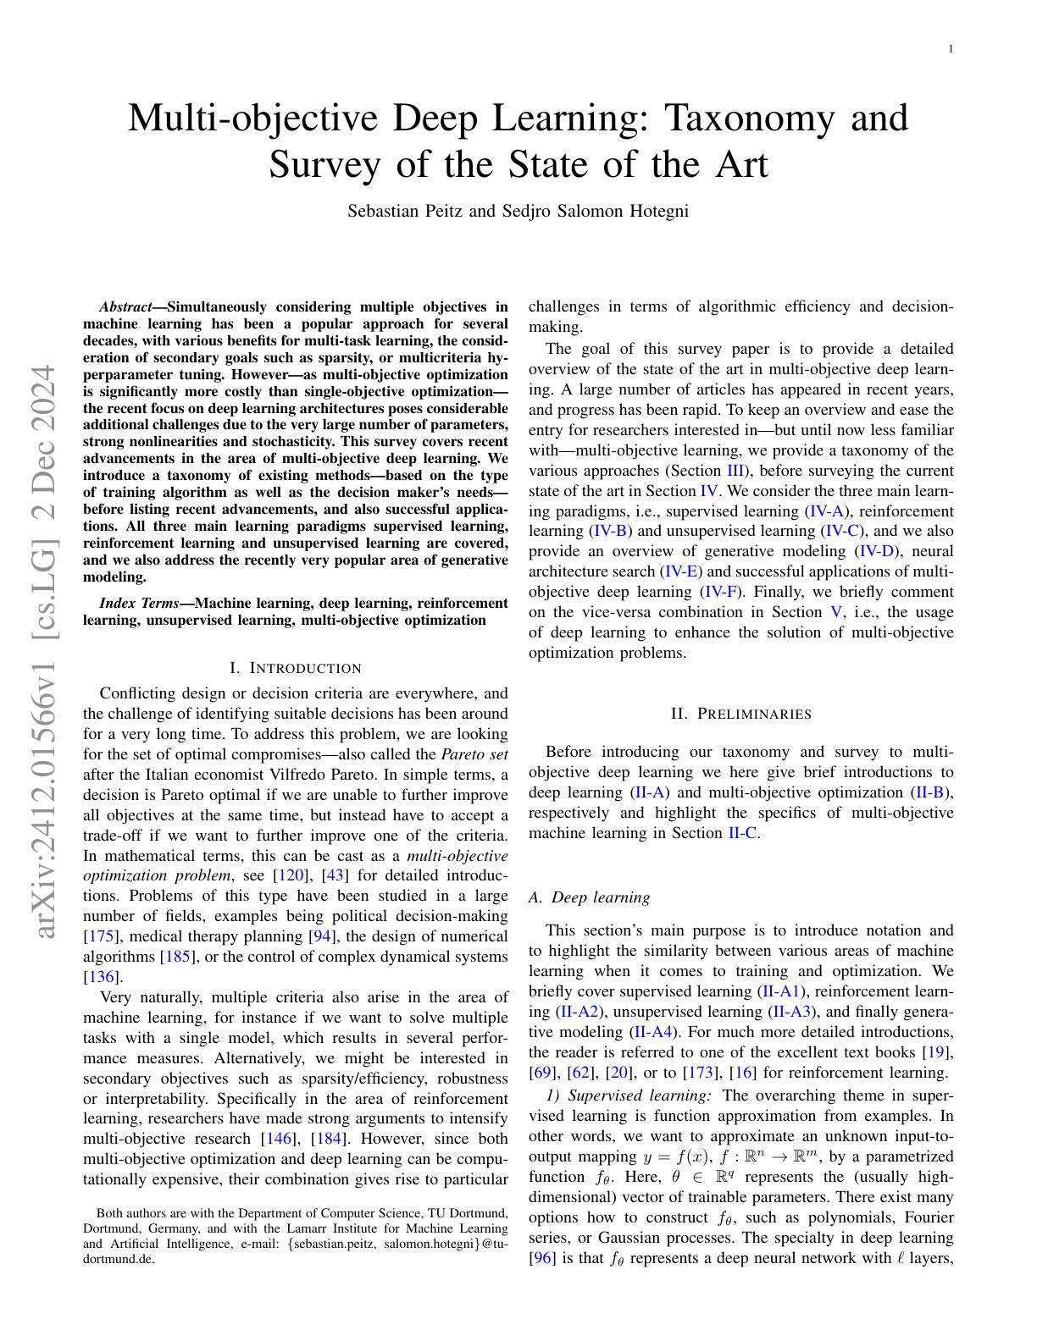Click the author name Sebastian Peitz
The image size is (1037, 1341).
[404, 211]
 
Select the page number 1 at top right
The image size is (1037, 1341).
[951, 49]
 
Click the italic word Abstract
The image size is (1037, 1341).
[124, 307]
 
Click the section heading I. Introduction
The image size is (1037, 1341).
[296, 668]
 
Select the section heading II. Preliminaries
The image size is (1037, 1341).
[740, 714]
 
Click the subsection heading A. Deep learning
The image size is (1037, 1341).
[589, 897]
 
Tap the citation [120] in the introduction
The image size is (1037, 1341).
[291, 875]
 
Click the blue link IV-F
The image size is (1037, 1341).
[719, 592]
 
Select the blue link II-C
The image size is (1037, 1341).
[742, 833]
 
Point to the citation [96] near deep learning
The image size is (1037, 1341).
[541, 1258]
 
